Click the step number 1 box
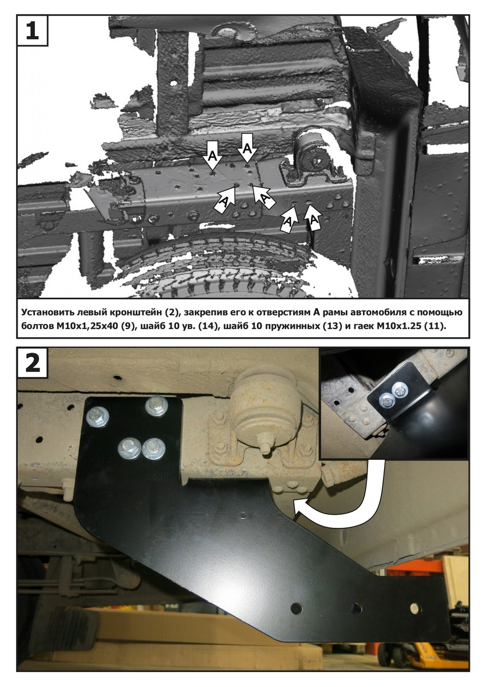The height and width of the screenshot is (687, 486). coord(32,30)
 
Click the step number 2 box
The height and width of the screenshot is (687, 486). coord(32,363)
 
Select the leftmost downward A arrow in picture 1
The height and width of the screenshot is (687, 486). coord(212,155)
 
